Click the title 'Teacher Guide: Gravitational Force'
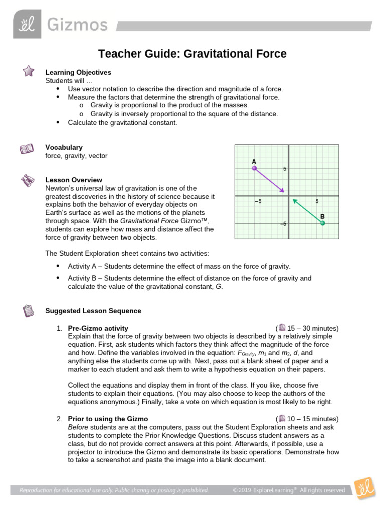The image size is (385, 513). pyautogui.click(x=192, y=54)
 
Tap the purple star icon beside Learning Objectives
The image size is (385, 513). pyautogui.click(x=28, y=72)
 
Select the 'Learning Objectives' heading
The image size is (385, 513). pyautogui.click(x=78, y=72)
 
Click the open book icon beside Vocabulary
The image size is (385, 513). pyautogui.click(x=27, y=149)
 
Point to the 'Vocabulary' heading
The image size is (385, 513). pyautogui.click(x=64, y=147)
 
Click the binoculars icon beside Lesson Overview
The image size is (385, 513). pyautogui.click(x=27, y=180)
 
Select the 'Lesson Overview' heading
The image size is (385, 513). pyautogui.click(x=73, y=180)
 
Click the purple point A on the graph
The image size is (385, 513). pyautogui.click(x=254, y=169)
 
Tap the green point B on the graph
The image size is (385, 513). pyautogui.click(x=322, y=223)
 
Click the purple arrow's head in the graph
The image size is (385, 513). pyautogui.click(x=284, y=191)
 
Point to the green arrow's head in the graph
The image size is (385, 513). pyautogui.click(x=294, y=200)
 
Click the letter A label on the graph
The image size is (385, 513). pyautogui.click(x=254, y=161)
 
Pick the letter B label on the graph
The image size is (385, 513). pyautogui.click(x=322, y=216)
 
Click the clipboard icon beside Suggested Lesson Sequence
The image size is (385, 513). pyautogui.click(x=28, y=311)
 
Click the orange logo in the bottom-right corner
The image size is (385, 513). pyautogui.click(x=363, y=489)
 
